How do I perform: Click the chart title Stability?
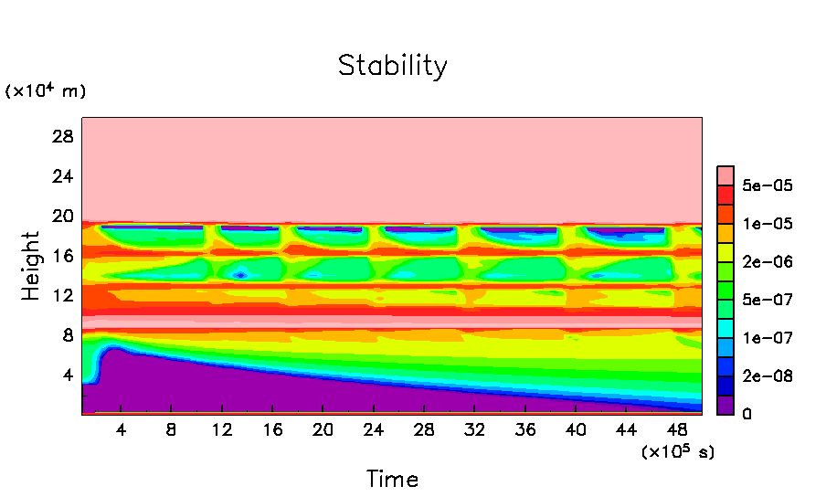393,67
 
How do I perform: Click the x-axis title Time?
393,479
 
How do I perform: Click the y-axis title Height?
31,266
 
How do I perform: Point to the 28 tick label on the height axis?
62,136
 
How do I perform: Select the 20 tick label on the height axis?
62,216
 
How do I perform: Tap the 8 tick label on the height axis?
67,335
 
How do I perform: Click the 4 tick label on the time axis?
121,430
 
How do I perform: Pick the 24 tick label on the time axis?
372,430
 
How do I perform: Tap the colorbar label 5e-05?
768,185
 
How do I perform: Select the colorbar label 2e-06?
768,262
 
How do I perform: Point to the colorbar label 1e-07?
768,338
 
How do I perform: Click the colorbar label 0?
747,415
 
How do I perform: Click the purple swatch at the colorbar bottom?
725,405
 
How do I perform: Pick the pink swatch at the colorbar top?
725,175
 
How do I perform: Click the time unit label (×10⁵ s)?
678,451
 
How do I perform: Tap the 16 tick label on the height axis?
62,256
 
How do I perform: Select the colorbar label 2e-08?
768,376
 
